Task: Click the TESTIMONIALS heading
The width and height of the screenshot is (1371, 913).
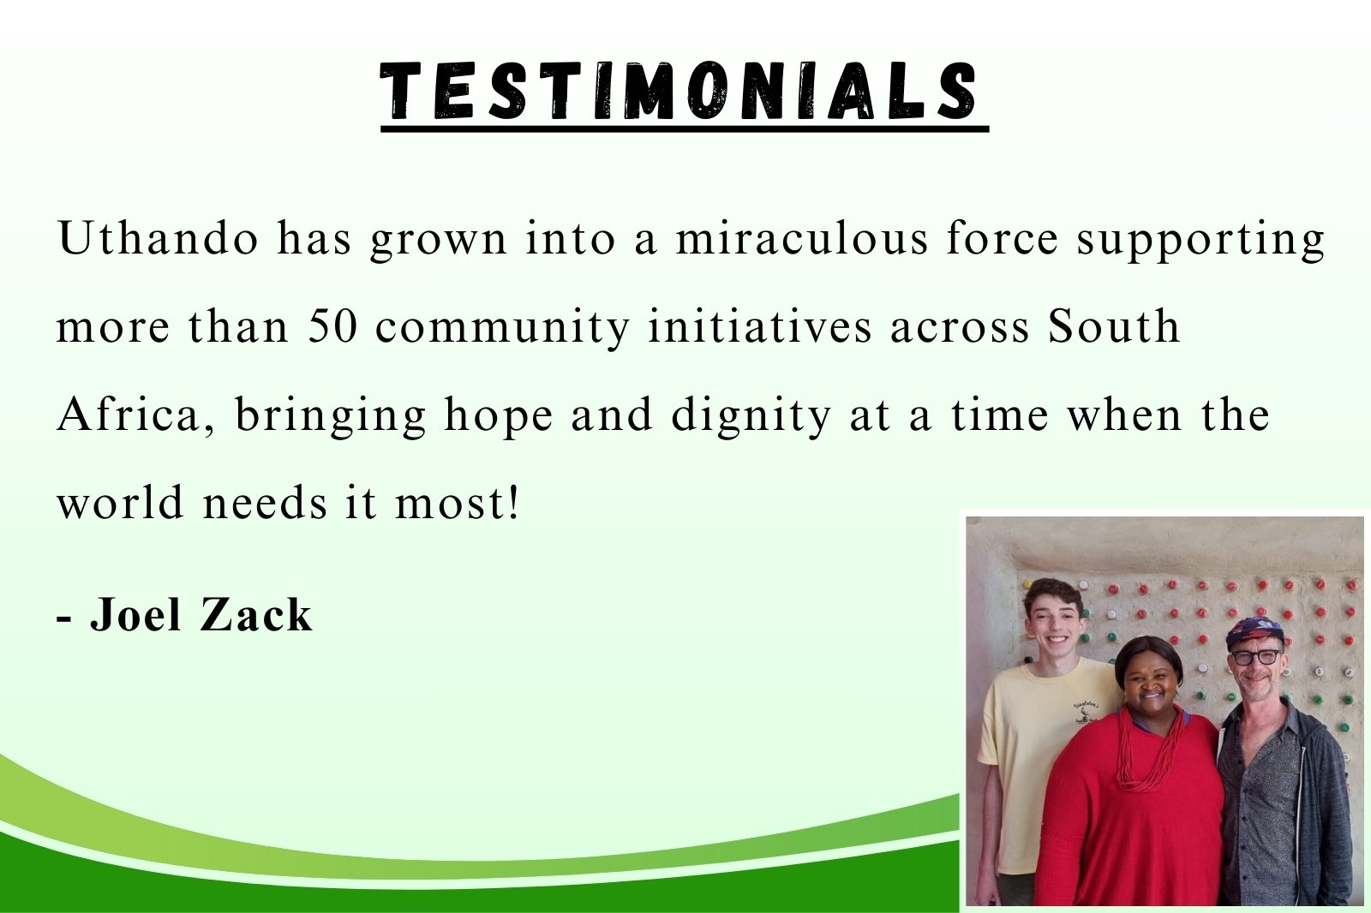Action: (678, 91)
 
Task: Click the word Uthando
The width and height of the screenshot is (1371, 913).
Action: (158, 237)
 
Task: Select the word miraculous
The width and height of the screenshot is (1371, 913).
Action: (802, 237)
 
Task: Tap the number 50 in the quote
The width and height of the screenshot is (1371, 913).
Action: (332, 325)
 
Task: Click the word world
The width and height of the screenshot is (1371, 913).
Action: (121, 502)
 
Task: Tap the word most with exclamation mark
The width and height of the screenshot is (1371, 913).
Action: (458, 503)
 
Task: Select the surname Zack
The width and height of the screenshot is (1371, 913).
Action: (256, 614)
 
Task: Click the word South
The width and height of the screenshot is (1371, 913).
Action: (1113, 325)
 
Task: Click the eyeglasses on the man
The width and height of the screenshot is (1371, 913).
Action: (1256, 657)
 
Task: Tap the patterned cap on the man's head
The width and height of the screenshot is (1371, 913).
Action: (1254, 630)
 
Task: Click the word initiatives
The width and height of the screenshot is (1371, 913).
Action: (759, 325)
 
